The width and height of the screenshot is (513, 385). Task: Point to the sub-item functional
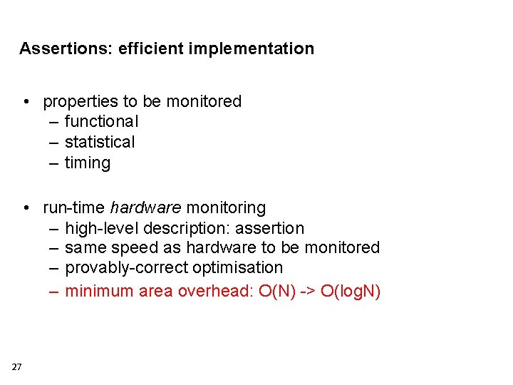(102, 122)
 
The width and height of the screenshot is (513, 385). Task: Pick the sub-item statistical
(100, 143)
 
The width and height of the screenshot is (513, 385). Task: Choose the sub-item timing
(88, 163)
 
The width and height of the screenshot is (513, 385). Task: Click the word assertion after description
(274, 229)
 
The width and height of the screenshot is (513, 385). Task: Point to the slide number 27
(17, 367)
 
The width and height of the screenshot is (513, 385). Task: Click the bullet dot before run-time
(25, 208)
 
